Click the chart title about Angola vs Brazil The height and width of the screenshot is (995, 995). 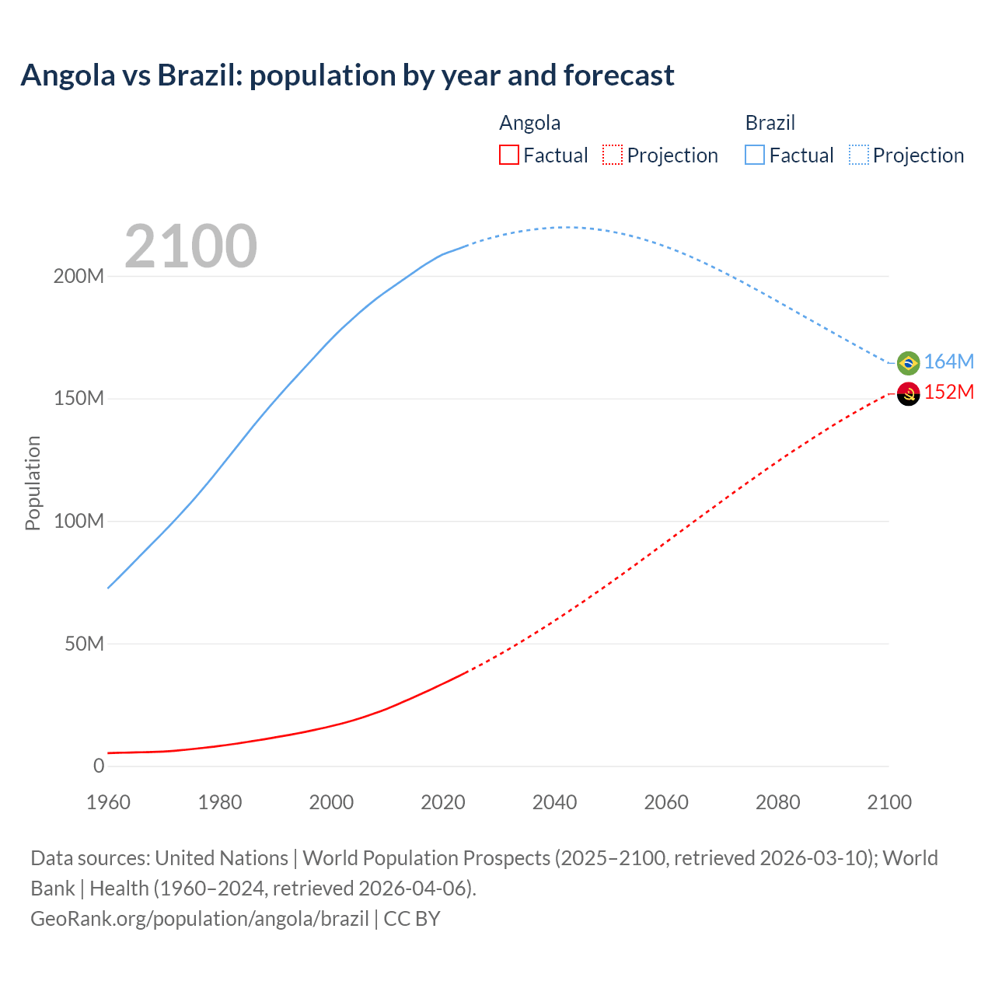(347, 75)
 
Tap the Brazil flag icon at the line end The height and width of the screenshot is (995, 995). (908, 363)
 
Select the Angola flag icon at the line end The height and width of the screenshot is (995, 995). (908, 394)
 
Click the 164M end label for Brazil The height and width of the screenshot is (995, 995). (948, 361)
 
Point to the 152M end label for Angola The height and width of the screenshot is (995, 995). (948, 392)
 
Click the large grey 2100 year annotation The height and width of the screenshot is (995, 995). (190, 246)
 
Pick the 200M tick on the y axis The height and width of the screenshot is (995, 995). (79, 277)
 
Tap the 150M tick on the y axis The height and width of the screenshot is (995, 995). (79, 399)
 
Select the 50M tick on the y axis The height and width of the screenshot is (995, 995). (84, 644)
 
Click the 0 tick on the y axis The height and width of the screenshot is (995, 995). (99, 766)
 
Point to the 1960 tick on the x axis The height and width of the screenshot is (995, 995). (108, 802)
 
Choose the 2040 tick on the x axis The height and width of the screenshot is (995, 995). (554, 802)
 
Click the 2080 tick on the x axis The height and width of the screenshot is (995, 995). (777, 802)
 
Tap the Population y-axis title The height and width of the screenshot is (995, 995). (33, 483)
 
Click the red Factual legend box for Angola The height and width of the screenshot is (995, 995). (509, 155)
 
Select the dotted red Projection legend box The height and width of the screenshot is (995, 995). (613, 155)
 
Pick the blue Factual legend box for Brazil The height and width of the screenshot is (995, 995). (755, 155)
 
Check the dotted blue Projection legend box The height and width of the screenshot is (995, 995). (859, 155)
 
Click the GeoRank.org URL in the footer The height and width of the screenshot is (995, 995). (200, 919)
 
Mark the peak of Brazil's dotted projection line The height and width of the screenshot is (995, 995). (565, 228)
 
